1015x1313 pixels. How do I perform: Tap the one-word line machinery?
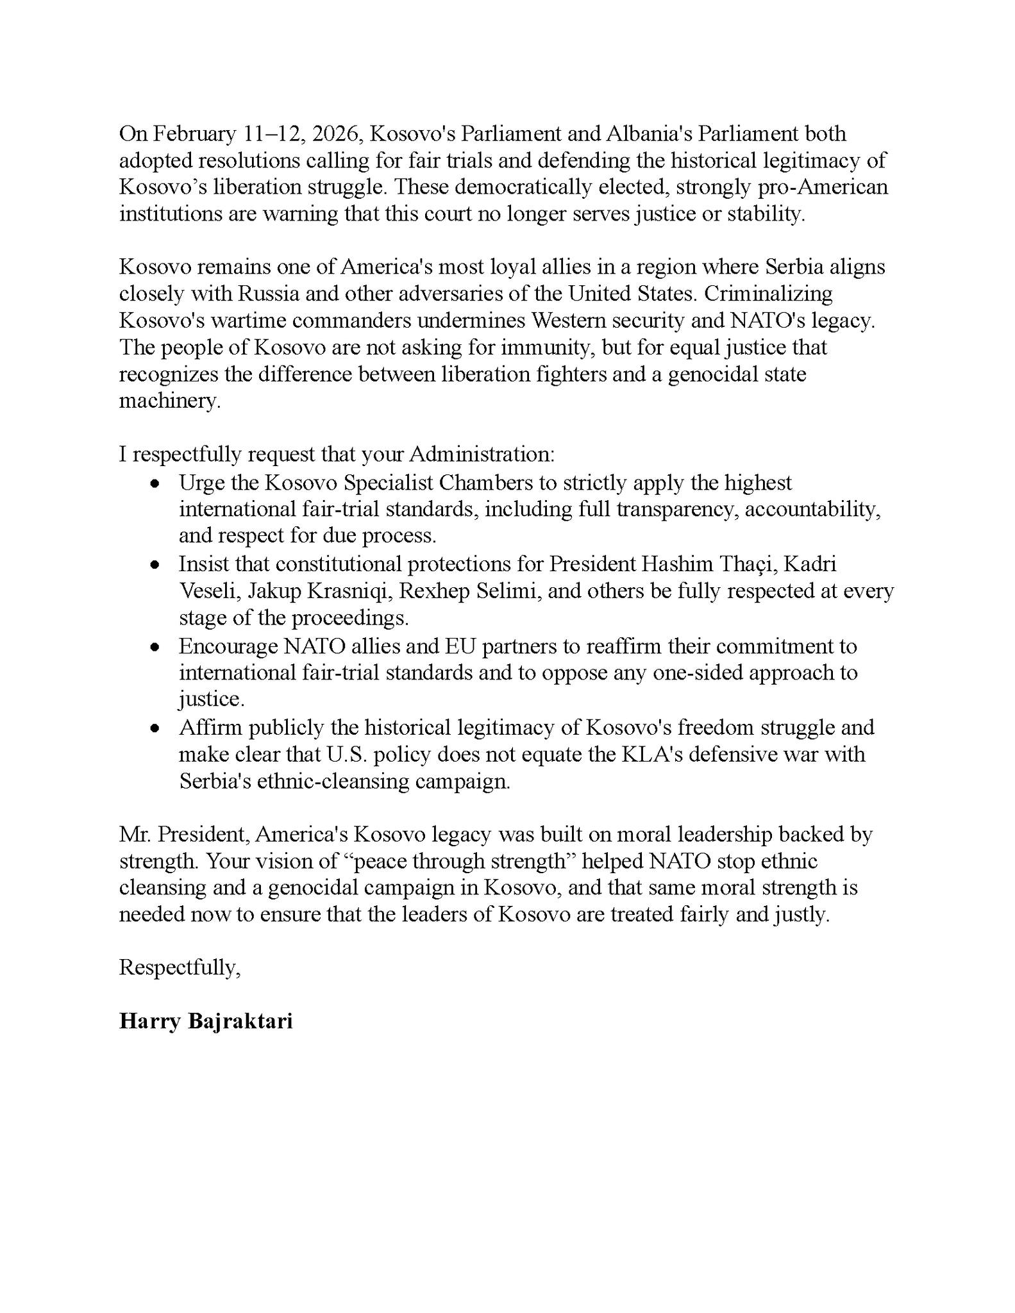[169, 401]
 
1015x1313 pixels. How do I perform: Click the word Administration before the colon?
[480, 455]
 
